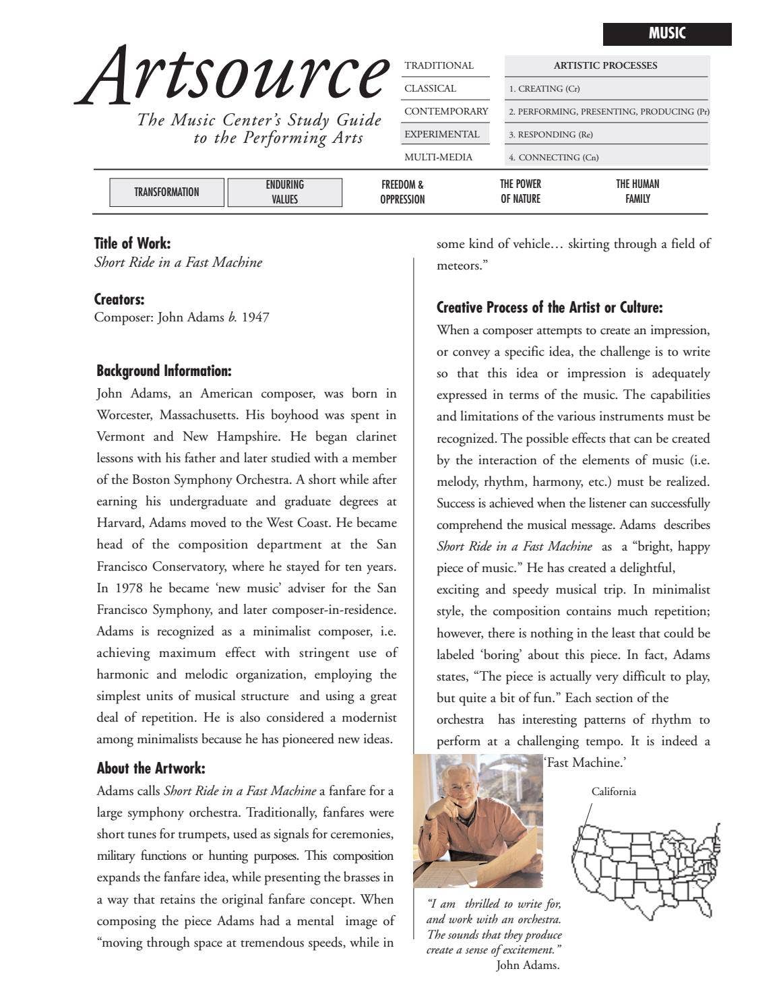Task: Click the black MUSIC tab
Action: pyautogui.click(x=666, y=34)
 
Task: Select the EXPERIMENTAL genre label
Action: pyautogui.click(x=441, y=134)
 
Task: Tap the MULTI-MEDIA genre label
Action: pyautogui.click(x=438, y=157)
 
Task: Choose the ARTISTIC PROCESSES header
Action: pyautogui.click(x=605, y=65)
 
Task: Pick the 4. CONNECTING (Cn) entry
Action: pyautogui.click(x=553, y=157)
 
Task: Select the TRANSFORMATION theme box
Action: pyautogui.click(x=166, y=192)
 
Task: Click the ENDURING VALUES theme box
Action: pyautogui.click(x=284, y=192)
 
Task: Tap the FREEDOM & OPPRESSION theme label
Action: pyautogui.click(x=402, y=192)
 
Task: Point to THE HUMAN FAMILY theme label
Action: pyautogui.click(x=637, y=191)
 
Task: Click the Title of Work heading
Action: pyautogui.click(x=132, y=243)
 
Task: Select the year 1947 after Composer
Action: pyautogui.click(x=255, y=317)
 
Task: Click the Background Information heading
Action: pyautogui.click(x=164, y=371)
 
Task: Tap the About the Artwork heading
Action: pyautogui.click(x=151, y=768)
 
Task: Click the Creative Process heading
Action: pyautogui.click(x=549, y=308)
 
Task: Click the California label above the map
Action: pyautogui.click(x=613, y=792)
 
